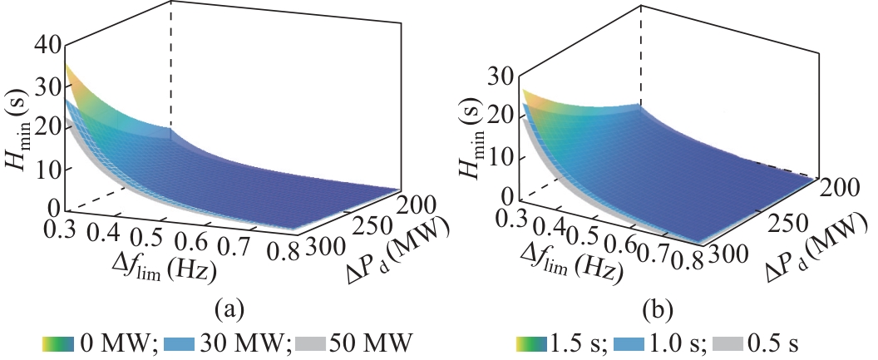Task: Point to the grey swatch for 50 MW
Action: pos(311,343)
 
